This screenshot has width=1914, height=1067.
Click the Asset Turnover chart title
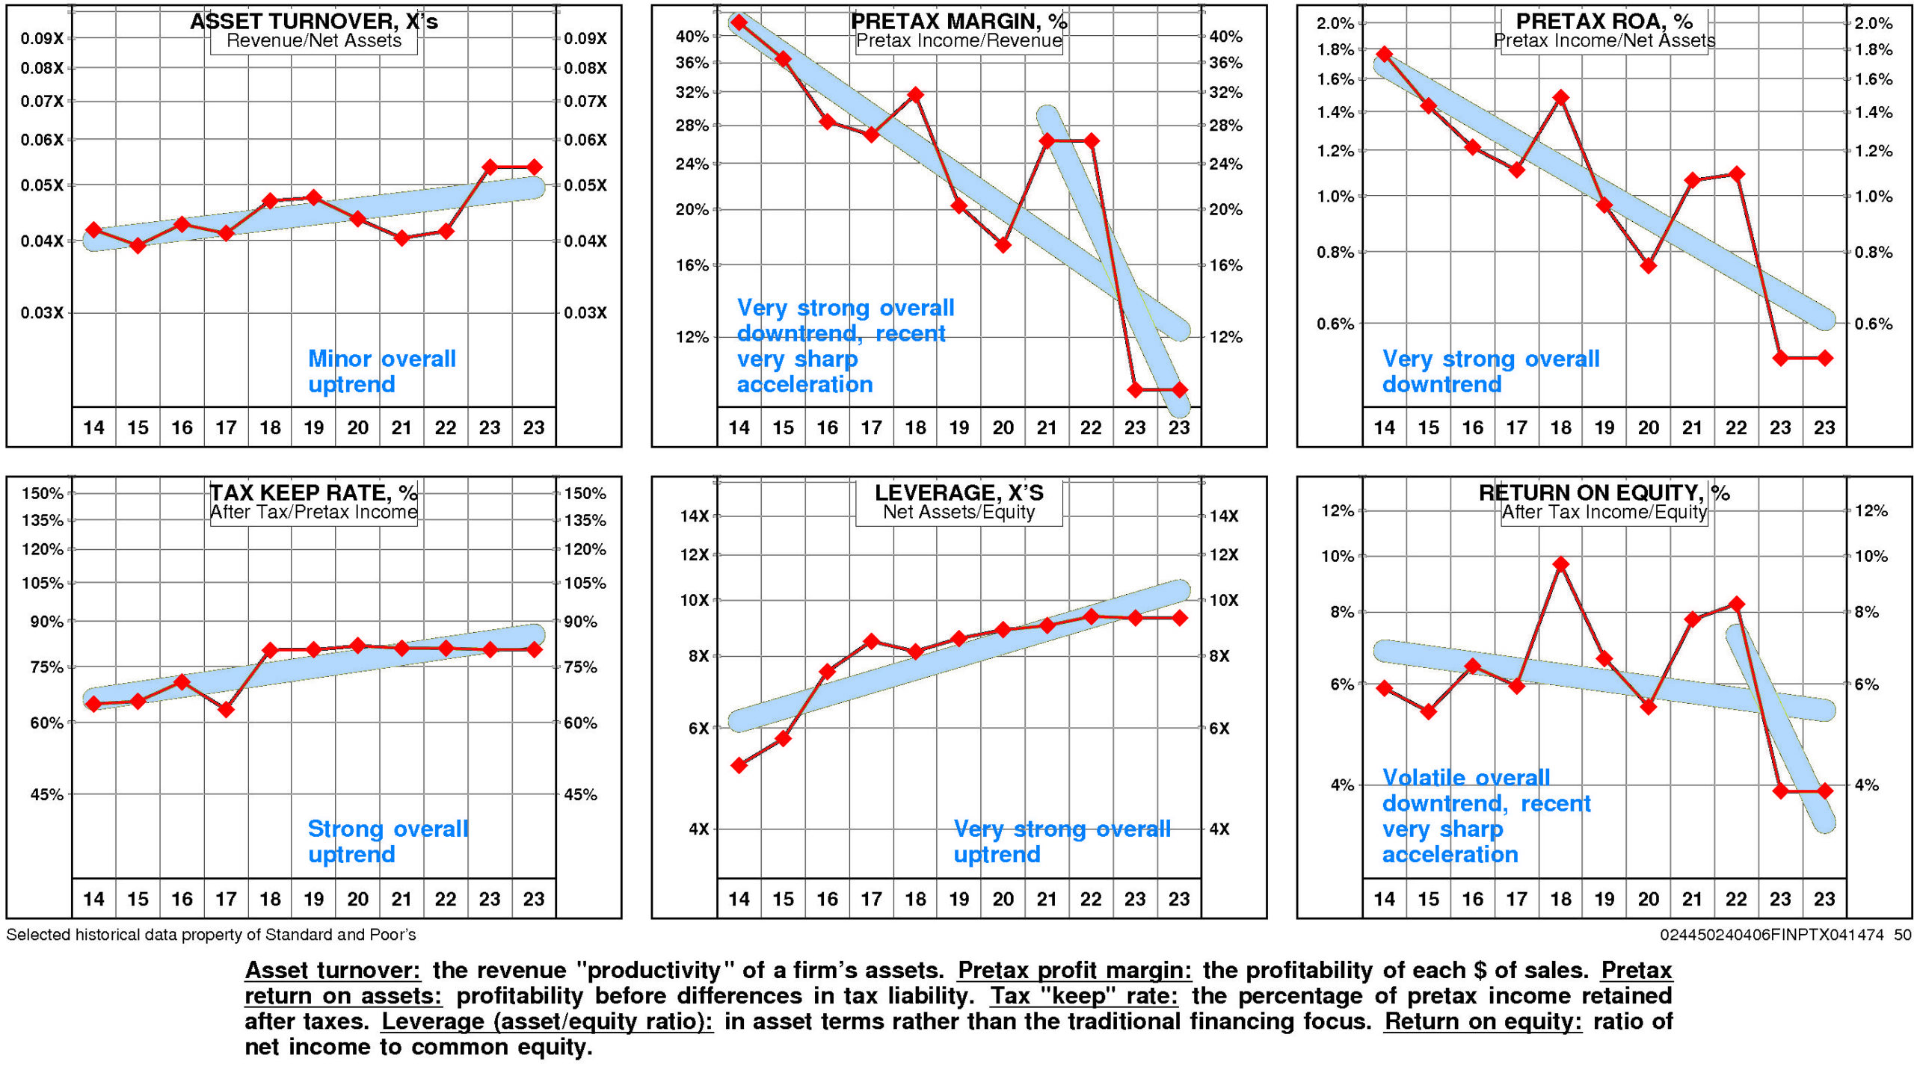pos(313,21)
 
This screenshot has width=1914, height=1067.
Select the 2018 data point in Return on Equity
pos(1560,564)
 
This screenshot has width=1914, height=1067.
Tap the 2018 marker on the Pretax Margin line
pos(915,95)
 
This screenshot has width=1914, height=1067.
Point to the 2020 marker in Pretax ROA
pos(1648,265)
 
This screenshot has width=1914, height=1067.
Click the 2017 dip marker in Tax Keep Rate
pos(226,709)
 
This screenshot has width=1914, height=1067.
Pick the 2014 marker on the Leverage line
pos(739,765)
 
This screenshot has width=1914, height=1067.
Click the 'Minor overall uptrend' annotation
pos(381,371)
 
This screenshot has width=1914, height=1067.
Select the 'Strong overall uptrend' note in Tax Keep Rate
pos(387,841)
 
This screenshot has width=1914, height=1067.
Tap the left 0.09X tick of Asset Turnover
pos(42,38)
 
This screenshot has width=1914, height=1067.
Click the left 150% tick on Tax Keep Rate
pos(42,493)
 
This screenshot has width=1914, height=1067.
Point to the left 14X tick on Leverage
pos(694,516)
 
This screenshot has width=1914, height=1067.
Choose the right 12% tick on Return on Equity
pos(1871,511)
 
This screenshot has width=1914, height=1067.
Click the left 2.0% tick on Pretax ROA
pos(1335,23)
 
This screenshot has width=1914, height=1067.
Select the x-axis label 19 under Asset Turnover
pos(313,427)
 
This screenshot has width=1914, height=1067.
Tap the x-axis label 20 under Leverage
pos(1003,899)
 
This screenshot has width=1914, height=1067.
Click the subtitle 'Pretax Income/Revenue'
pos(958,40)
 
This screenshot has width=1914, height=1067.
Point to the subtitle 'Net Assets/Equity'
pos(958,512)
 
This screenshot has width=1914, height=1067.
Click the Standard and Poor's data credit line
pos(211,935)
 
